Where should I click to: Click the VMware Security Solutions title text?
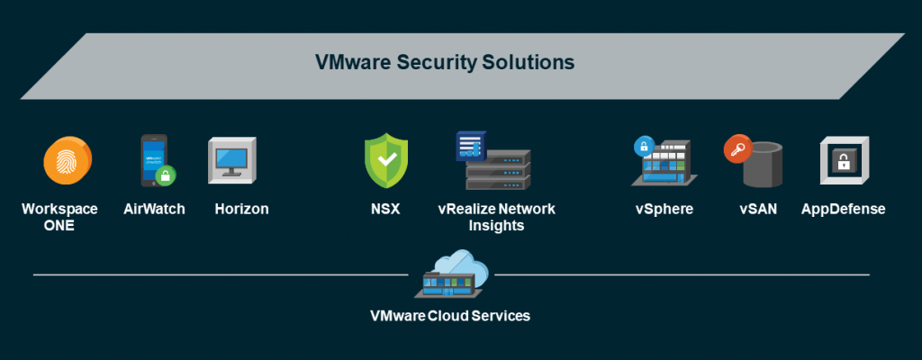(x=444, y=63)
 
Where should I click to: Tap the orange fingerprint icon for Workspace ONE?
(x=67, y=162)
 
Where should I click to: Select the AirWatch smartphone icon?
(x=152, y=159)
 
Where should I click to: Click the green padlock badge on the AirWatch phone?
(x=165, y=175)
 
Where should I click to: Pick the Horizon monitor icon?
(x=233, y=162)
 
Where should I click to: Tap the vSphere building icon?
(x=670, y=165)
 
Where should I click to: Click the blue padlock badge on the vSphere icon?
(x=644, y=146)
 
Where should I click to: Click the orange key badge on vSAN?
(x=737, y=148)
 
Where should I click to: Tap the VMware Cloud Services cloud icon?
(x=454, y=274)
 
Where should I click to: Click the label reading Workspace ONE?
(x=59, y=217)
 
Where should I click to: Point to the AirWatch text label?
(x=154, y=209)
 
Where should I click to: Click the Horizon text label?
(x=241, y=209)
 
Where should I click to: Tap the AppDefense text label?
(x=844, y=209)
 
